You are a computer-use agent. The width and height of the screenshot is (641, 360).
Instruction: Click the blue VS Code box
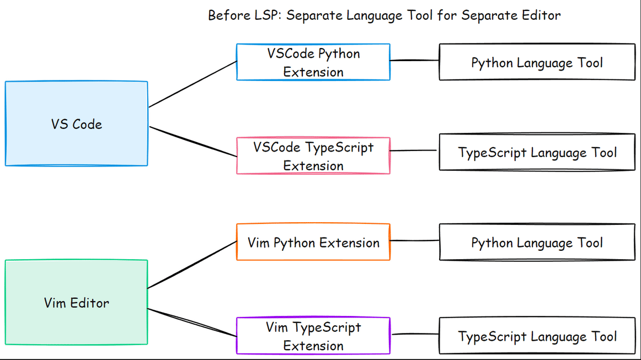coord(76,123)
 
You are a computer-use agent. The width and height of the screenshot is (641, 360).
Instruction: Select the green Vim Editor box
coord(76,302)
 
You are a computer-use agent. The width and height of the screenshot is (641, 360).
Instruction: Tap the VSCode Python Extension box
coord(313,62)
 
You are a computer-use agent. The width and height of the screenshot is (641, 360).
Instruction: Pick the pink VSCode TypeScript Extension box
coord(313,156)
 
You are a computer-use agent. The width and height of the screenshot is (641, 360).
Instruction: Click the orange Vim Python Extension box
coord(313,242)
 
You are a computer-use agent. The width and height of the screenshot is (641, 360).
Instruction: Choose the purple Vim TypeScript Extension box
coord(313,336)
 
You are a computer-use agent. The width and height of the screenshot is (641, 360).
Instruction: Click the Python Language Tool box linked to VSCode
coord(537,62)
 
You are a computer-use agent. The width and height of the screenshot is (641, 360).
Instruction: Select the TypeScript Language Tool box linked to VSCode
coord(537,152)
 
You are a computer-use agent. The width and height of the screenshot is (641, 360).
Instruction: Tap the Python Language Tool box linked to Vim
coord(537,242)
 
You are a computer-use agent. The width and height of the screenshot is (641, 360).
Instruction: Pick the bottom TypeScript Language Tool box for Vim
coord(537,336)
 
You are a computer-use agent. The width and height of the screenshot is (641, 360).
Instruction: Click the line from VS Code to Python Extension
coord(193,83)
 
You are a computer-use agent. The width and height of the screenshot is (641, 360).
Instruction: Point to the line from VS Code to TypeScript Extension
coord(193,142)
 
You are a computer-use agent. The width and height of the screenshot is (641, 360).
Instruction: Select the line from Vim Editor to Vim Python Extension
coord(193,264)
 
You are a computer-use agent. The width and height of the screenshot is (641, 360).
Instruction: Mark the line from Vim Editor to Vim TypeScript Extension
coord(193,323)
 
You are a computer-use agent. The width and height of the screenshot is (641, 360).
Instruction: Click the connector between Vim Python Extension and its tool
coord(414,241)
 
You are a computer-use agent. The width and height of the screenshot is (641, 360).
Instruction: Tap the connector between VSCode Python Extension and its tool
coord(414,60)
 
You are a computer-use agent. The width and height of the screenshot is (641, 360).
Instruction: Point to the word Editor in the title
coord(541,15)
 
